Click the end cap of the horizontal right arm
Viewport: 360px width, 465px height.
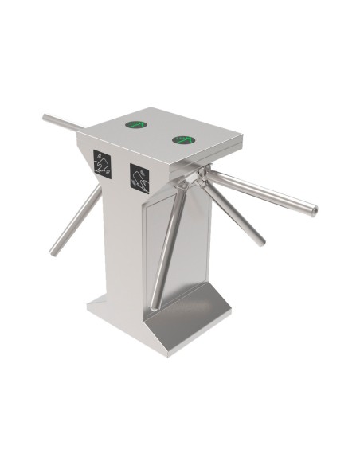click(315, 210)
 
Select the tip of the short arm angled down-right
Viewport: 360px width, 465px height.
click(260, 241)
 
